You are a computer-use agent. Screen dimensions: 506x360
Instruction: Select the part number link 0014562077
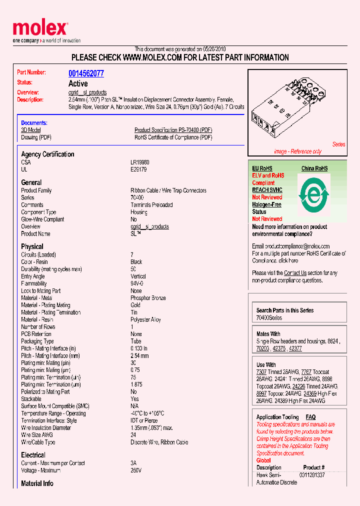pos(86,73)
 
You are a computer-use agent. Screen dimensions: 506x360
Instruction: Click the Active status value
pos(78,83)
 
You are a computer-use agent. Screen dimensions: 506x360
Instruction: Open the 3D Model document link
pos(30,130)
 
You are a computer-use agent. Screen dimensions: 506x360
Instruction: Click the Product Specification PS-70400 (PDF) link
pos(173,130)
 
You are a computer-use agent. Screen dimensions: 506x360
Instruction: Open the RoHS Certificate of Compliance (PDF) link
pos(173,137)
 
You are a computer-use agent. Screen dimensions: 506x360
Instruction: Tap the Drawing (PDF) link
pos(36,137)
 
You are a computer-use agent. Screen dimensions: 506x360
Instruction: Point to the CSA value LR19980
pos(139,162)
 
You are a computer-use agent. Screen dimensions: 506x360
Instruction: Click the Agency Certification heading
pos(47,154)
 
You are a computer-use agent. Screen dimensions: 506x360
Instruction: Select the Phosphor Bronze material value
pos(148,298)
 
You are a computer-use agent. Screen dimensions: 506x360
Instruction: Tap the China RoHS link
pos(314,168)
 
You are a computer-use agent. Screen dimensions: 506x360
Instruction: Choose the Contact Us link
pos(295,273)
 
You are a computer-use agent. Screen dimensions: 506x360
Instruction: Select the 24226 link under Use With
pos(299,386)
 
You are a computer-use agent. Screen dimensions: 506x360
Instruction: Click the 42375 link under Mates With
pos(279,348)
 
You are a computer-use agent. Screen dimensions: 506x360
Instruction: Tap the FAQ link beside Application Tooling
pos(310,417)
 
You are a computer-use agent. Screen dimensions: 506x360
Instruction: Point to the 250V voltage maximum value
pos(136,470)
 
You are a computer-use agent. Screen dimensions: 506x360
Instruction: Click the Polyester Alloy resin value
pos(145,319)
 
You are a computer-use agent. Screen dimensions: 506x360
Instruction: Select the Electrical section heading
pos(33,455)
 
